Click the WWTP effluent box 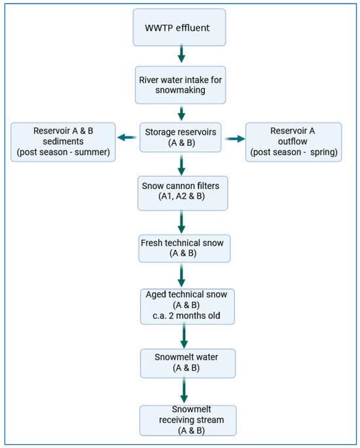coord(179,27)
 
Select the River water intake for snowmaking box coord(181,85)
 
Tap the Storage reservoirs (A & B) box coord(181,137)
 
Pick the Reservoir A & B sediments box coord(63,142)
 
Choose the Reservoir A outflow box coord(294,142)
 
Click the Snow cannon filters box coord(183,193)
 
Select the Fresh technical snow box coord(185,249)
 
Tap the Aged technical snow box coord(187,306)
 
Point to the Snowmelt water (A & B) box coord(188,363)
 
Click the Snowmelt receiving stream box coord(188,421)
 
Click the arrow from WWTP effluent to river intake coord(181,54)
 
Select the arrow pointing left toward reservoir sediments coord(127,137)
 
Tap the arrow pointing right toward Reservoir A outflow coord(235,139)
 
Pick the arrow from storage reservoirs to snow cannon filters coord(181,165)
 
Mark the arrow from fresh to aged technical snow coord(181,275)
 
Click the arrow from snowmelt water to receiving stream coord(184,390)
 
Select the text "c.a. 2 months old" coord(187,315)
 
